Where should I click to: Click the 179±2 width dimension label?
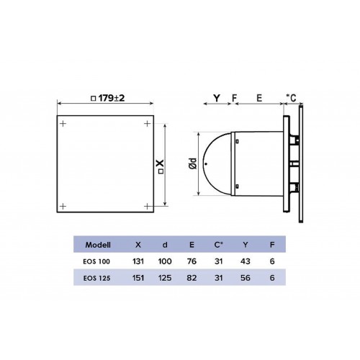108,98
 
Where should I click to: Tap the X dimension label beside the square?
161,166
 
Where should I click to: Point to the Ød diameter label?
193,163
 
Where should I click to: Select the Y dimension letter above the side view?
217,98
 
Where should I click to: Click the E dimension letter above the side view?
259,98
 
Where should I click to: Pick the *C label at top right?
291,98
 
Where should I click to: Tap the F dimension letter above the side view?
234,98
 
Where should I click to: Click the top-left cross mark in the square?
63,124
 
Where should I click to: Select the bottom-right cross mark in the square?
148,206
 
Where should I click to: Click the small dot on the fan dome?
206,164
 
